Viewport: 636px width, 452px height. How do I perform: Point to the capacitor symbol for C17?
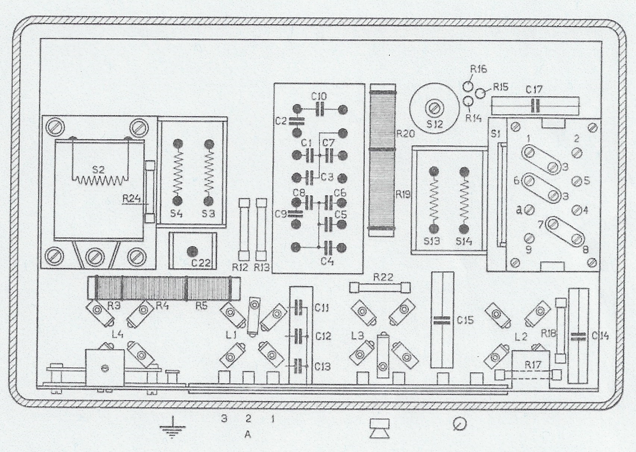[x=536, y=106]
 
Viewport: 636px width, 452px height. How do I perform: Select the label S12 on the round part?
[x=435, y=124]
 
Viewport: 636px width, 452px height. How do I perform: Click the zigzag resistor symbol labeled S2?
[x=100, y=180]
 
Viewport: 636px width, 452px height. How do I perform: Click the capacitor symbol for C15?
[x=442, y=320]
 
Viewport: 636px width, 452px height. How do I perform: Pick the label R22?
[x=383, y=277]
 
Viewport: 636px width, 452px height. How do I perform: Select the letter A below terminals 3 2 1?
[x=248, y=434]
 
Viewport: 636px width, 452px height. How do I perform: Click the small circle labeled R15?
[x=481, y=92]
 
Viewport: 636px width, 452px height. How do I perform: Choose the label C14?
[x=600, y=336]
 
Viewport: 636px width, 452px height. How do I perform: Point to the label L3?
[x=358, y=336]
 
